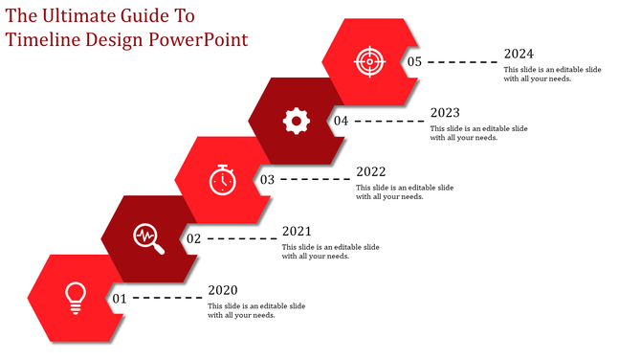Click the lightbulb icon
pos(74,297)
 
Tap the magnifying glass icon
pos(148,238)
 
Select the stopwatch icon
pos(222,179)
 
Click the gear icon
pos(297,120)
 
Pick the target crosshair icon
pos(369,61)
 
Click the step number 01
pos(120,299)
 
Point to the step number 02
pos(193,238)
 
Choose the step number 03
pos(267,179)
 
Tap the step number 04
pos(341,121)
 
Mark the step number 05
pos(414,61)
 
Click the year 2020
pos(223,290)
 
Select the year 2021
pos(297,231)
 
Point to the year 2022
pos(371,172)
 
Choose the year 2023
pos(445,113)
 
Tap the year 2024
pos(519,55)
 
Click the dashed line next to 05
pos(462,62)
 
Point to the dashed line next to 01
pos(167,299)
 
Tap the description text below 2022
pos(405,191)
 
